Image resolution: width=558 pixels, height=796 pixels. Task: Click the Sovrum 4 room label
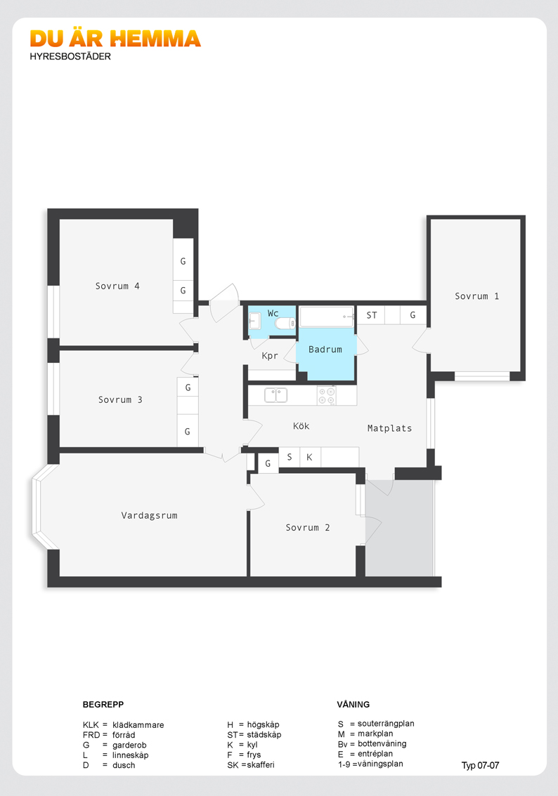pyautogui.click(x=117, y=286)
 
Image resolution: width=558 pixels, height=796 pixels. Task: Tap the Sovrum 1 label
pyautogui.click(x=476, y=296)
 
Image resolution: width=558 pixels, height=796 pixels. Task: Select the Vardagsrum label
pyautogui.click(x=150, y=516)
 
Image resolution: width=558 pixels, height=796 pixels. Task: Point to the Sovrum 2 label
pyautogui.click(x=307, y=527)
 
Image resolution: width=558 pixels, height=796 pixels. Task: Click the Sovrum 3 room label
pyautogui.click(x=120, y=400)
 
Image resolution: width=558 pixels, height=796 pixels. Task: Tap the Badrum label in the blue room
pyautogui.click(x=325, y=350)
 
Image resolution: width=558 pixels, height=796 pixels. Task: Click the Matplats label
pyautogui.click(x=390, y=428)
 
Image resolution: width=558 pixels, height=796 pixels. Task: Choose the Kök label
pyautogui.click(x=301, y=426)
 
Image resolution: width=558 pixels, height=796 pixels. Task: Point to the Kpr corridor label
pyautogui.click(x=270, y=356)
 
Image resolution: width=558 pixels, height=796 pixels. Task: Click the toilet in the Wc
pyautogui.click(x=285, y=323)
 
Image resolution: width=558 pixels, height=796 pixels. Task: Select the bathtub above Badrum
pyautogui.click(x=327, y=317)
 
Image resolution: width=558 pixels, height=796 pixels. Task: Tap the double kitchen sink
pyautogui.click(x=276, y=395)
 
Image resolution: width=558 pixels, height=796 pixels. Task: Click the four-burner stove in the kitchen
pyautogui.click(x=327, y=395)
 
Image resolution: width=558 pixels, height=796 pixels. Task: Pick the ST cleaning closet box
pyautogui.click(x=372, y=315)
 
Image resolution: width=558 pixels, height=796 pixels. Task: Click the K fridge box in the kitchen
pyautogui.click(x=309, y=457)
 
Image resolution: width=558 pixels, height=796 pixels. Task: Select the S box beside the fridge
pyautogui.click(x=289, y=457)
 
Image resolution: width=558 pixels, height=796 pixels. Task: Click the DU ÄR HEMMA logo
pyautogui.click(x=115, y=39)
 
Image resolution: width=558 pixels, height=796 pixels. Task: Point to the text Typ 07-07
pyautogui.click(x=480, y=766)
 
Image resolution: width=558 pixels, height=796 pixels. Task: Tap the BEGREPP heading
pyautogui.click(x=103, y=705)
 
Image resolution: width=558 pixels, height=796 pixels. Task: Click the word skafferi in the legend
pyautogui.click(x=261, y=765)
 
